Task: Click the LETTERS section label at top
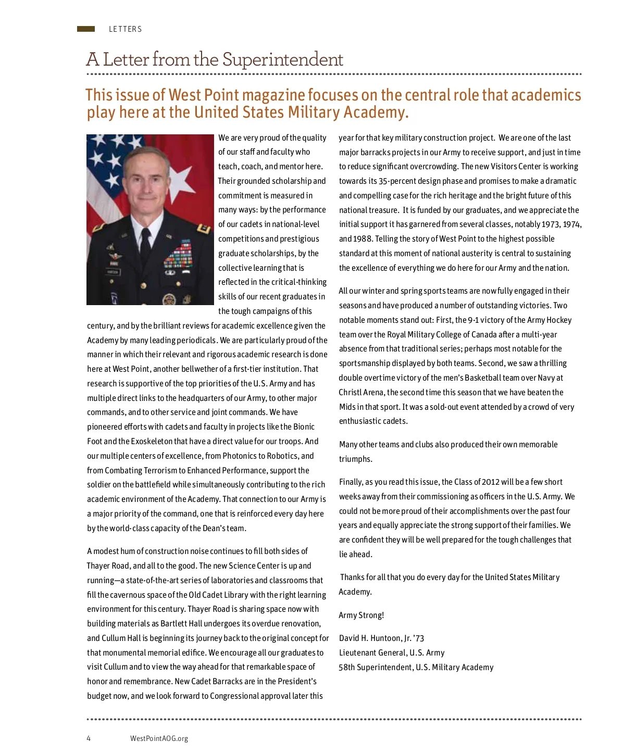(125, 29)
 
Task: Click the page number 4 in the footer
(89, 738)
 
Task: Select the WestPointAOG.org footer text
(159, 738)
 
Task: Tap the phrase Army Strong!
(361, 615)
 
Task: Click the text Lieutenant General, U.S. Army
(392, 653)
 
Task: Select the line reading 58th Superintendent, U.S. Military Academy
(416, 668)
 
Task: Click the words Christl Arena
(361, 393)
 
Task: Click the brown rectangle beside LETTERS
(86, 29)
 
